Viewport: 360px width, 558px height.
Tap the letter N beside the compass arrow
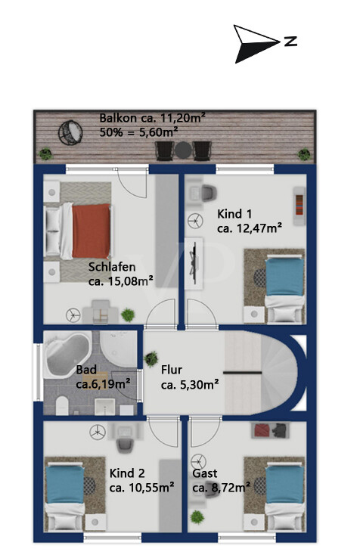[290, 42]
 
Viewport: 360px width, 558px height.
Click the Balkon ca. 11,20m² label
[153, 118]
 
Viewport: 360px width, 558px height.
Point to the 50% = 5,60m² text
[139, 132]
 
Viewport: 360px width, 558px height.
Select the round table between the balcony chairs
[183, 150]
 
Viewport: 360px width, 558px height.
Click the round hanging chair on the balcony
[70, 133]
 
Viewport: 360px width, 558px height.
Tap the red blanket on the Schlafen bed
[92, 231]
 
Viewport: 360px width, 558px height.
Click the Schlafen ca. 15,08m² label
[121, 274]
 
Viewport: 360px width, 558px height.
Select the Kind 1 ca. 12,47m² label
[250, 221]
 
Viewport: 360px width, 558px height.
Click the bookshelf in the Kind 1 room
[299, 206]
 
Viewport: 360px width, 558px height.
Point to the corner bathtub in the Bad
[67, 355]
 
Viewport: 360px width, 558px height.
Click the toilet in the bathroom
[62, 405]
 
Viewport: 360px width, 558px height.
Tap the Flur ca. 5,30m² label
[190, 377]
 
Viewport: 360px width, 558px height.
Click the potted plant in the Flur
[151, 359]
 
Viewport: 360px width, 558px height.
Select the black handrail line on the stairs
[243, 373]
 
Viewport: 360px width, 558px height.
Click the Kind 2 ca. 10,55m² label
[141, 480]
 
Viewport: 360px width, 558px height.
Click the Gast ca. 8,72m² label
[221, 480]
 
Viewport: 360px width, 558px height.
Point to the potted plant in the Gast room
[197, 517]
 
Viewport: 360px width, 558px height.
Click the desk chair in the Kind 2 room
[124, 445]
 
